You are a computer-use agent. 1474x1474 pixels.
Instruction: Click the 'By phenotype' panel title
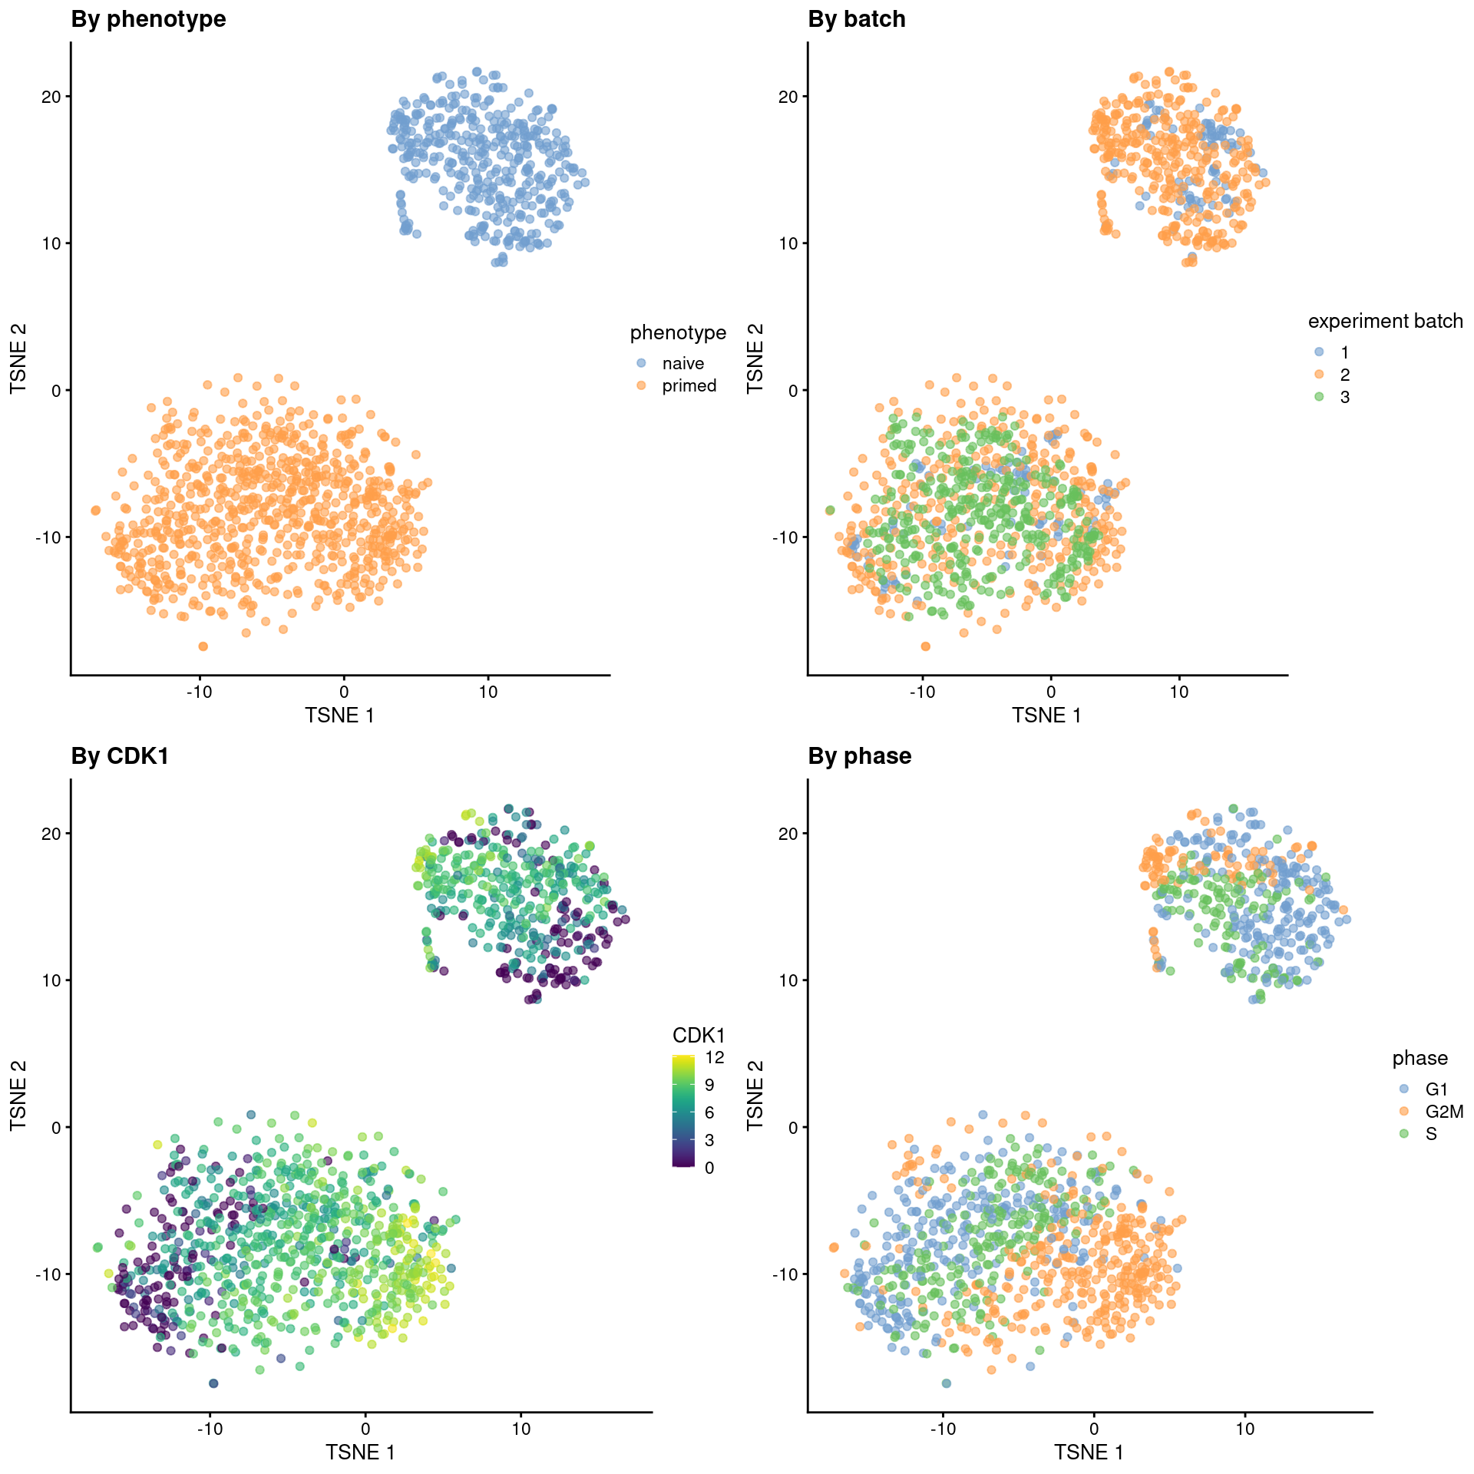tap(148, 19)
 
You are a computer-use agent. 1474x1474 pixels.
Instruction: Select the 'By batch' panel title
tap(856, 19)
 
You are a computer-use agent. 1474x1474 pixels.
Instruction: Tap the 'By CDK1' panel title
tap(120, 756)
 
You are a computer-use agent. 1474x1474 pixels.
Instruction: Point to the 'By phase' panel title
tap(859, 756)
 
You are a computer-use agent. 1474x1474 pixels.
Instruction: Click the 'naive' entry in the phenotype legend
tap(682, 363)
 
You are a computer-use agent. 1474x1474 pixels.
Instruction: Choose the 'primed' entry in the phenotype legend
tap(689, 385)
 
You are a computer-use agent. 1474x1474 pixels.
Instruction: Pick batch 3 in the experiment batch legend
tap(1344, 397)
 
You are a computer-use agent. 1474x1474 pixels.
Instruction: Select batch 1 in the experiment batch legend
tap(1344, 352)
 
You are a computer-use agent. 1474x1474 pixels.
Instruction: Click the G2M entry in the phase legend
tap(1444, 1111)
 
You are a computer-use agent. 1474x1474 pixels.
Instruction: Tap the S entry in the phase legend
tap(1431, 1133)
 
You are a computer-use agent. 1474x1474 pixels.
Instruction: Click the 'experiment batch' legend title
tap(1385, 321)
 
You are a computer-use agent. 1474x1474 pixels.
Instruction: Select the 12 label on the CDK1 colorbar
tap(715, 1057)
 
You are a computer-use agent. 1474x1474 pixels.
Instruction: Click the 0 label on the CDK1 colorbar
tap(709, 1168)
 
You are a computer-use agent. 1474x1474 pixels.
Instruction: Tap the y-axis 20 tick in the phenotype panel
tap(51, 97)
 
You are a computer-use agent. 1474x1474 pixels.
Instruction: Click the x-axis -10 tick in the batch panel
tap(921, 692)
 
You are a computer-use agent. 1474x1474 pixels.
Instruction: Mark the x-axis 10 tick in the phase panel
tap(1244, 1429)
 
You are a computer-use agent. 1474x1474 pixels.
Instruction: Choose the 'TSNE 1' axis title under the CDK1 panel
tap(360, 1452)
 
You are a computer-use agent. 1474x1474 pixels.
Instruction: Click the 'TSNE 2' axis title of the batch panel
tap(756, 358)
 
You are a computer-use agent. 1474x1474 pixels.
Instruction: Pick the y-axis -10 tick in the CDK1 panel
tap(48, 1274)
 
